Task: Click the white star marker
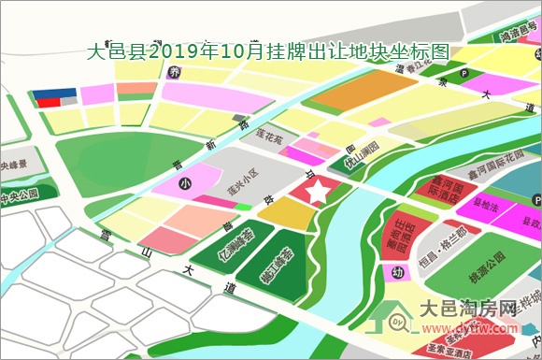tap(319, 192)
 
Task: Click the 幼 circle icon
tap(399, 273)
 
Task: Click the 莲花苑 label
tap(269, 137)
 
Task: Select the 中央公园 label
tap(18, 195)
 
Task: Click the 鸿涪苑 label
tap(515, 38)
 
